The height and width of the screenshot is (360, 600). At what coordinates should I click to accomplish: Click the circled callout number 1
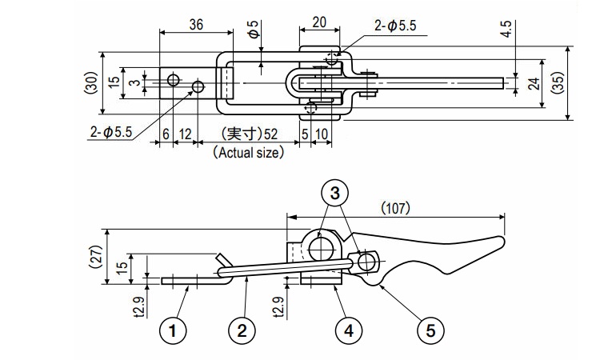click(x=174, y=328)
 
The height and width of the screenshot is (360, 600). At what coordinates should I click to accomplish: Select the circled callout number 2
click(x=242, y=328)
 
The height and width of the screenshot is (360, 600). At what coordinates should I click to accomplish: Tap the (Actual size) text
click(x=248, y=152)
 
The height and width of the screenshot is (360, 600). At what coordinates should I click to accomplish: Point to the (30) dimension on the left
click(x=92, y=83)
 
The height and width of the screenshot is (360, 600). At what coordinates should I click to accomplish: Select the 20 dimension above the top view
click(x=318, y=23)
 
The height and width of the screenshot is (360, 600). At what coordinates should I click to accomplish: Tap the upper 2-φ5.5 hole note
click(x=395, y=26)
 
